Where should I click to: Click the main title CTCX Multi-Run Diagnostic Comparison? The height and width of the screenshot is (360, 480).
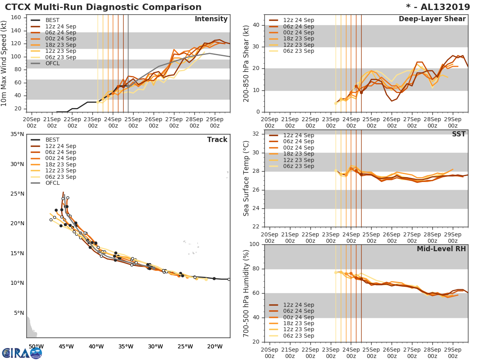click(x=103, y=7)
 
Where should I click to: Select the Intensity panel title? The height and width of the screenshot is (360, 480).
click(x=211, y=19)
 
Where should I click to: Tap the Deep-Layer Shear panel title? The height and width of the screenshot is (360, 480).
click(x=432, y=19)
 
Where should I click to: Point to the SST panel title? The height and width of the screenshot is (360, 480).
click(x=458, y=134)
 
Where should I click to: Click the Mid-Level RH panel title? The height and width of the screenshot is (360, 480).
click(x=441, y=249)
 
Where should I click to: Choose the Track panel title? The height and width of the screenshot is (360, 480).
click(x=217, y=140)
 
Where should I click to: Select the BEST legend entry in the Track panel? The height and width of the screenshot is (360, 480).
click(x=52, y=140)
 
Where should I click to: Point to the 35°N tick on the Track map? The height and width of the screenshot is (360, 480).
click(x=17, y=134)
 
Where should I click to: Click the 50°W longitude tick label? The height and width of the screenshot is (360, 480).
click(x=36, y=346)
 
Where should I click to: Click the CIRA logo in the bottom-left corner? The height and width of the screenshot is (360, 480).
click(x=22, y=353)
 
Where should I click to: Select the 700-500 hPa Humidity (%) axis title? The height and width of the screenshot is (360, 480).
click(x=247, y=293)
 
